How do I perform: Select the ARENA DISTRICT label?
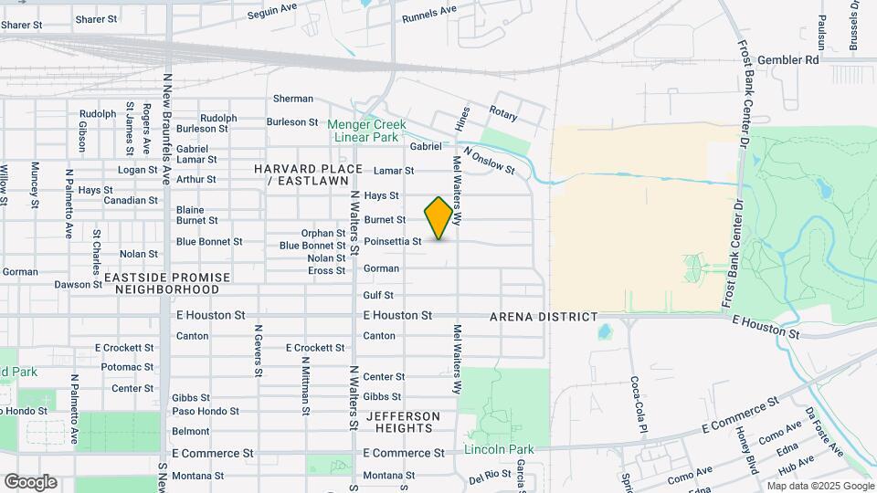tap(544, 317)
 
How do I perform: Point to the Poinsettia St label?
tap(393, 242)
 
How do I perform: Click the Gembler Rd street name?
tap(787, 59)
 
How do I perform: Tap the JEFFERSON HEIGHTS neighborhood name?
tap(403, 422)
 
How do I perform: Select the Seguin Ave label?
tap(273, 12)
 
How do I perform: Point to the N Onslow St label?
tap(489, 161)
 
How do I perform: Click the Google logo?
tap(30, 481)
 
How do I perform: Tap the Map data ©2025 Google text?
tap(820, 486)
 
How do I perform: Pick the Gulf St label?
tap(378, 295)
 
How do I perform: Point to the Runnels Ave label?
tap(428, 12)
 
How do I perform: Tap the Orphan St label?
tap(323, 234)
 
